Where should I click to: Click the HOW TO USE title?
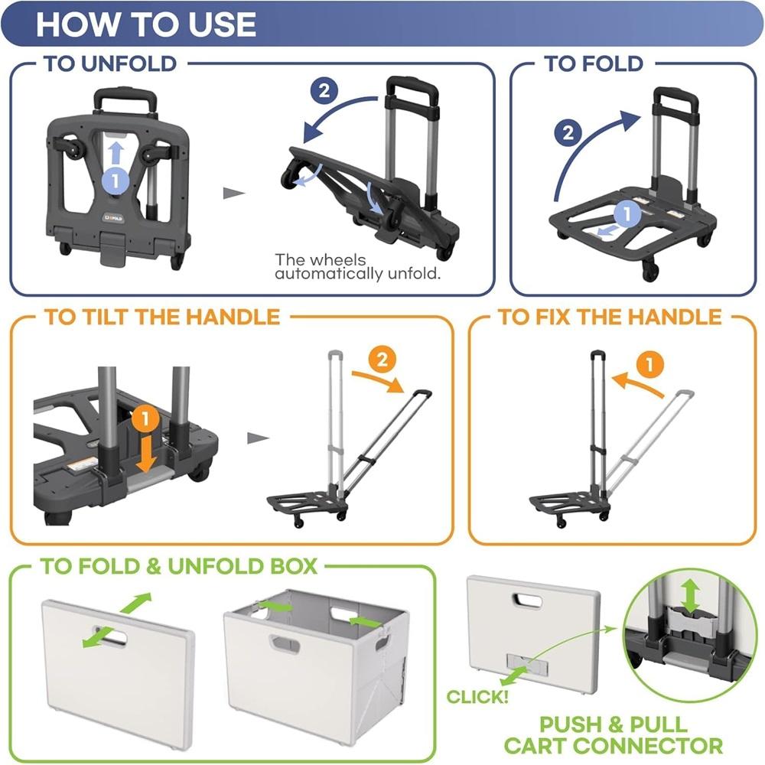pos(146,24)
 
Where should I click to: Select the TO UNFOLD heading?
pos(111,63)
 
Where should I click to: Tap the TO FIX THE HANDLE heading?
pos(610,317)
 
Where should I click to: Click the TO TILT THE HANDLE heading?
pos(162,317)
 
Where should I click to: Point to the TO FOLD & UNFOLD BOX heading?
pos(178,566)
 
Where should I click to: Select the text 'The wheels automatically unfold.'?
pos(358,267)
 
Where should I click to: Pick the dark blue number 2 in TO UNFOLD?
pos(324,91)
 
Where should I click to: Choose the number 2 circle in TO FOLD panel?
pos(568,133)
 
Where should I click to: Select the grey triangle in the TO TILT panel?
pos(259,438)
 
